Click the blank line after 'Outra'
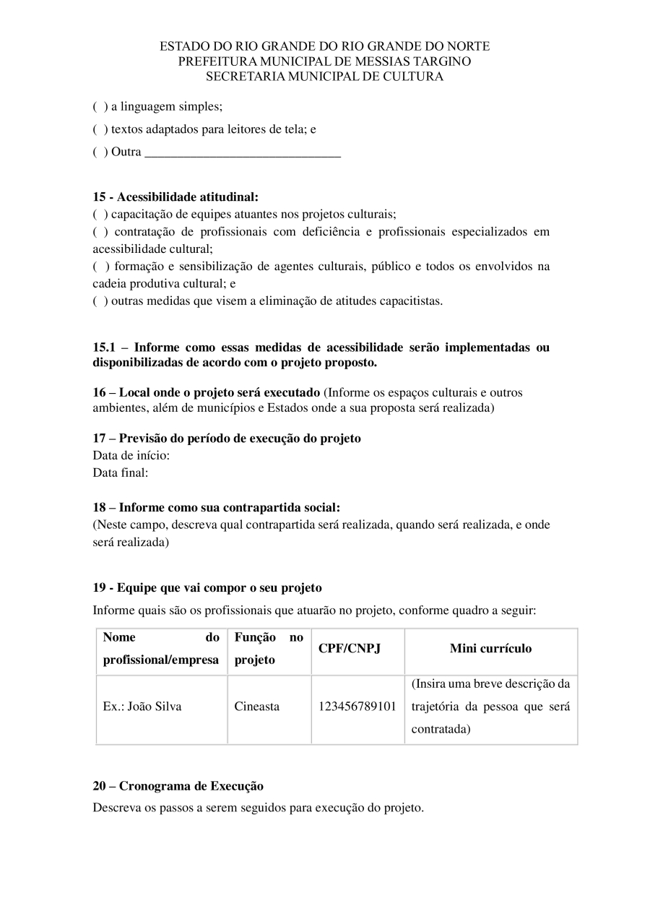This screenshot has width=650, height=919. tap(243, 153)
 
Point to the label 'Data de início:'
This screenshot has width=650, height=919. tap(131, 456)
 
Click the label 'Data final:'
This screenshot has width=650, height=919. tap(121, 473)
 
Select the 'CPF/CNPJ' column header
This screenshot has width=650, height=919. tap(350, 649)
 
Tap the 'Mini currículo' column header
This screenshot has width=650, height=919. tap(490, 649)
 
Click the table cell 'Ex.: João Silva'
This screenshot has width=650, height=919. tap(142, 707)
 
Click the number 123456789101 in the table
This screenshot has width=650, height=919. tap(357, 707)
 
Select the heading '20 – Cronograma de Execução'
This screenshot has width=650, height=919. tap(178, 786)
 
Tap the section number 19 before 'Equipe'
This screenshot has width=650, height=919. tap(99, 588)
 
